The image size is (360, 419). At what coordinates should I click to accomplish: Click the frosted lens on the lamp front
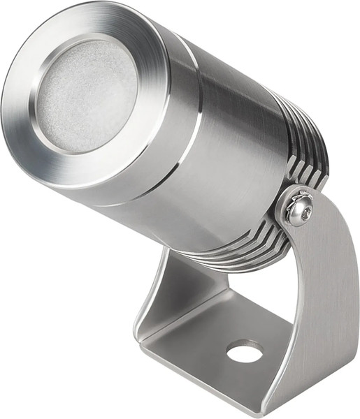pyautogui.click(x=86, y=94)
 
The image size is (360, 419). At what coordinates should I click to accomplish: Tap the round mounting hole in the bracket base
pyautogui.click(x=245, y=351)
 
